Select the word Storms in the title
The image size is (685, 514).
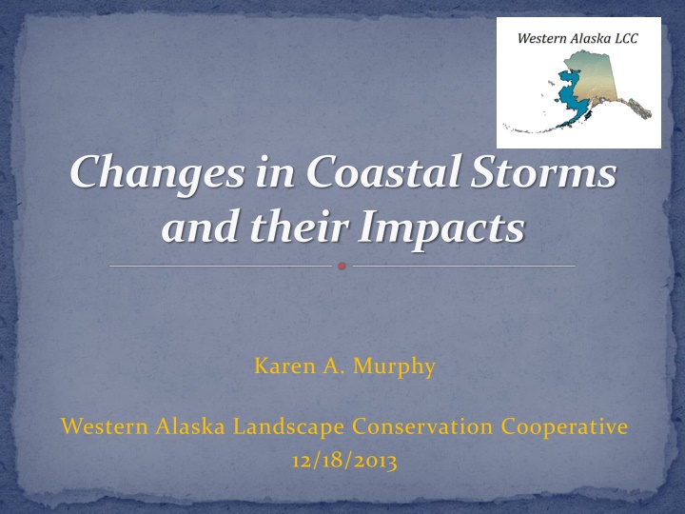pos(543,171)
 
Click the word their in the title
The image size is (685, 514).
pos(300,227)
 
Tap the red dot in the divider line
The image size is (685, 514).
pos(342,266)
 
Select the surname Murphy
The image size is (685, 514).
pos(394,367)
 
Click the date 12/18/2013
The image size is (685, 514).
pos(344,462)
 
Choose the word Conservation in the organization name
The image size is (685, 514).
pos(422,426)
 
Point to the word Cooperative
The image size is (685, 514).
pos(564,427)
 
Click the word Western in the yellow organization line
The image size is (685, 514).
pos(105,426)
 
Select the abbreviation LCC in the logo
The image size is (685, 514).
pos(626,38)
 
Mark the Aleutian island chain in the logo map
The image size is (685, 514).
pos(531,128)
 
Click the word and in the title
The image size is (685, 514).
pos(202,227)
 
